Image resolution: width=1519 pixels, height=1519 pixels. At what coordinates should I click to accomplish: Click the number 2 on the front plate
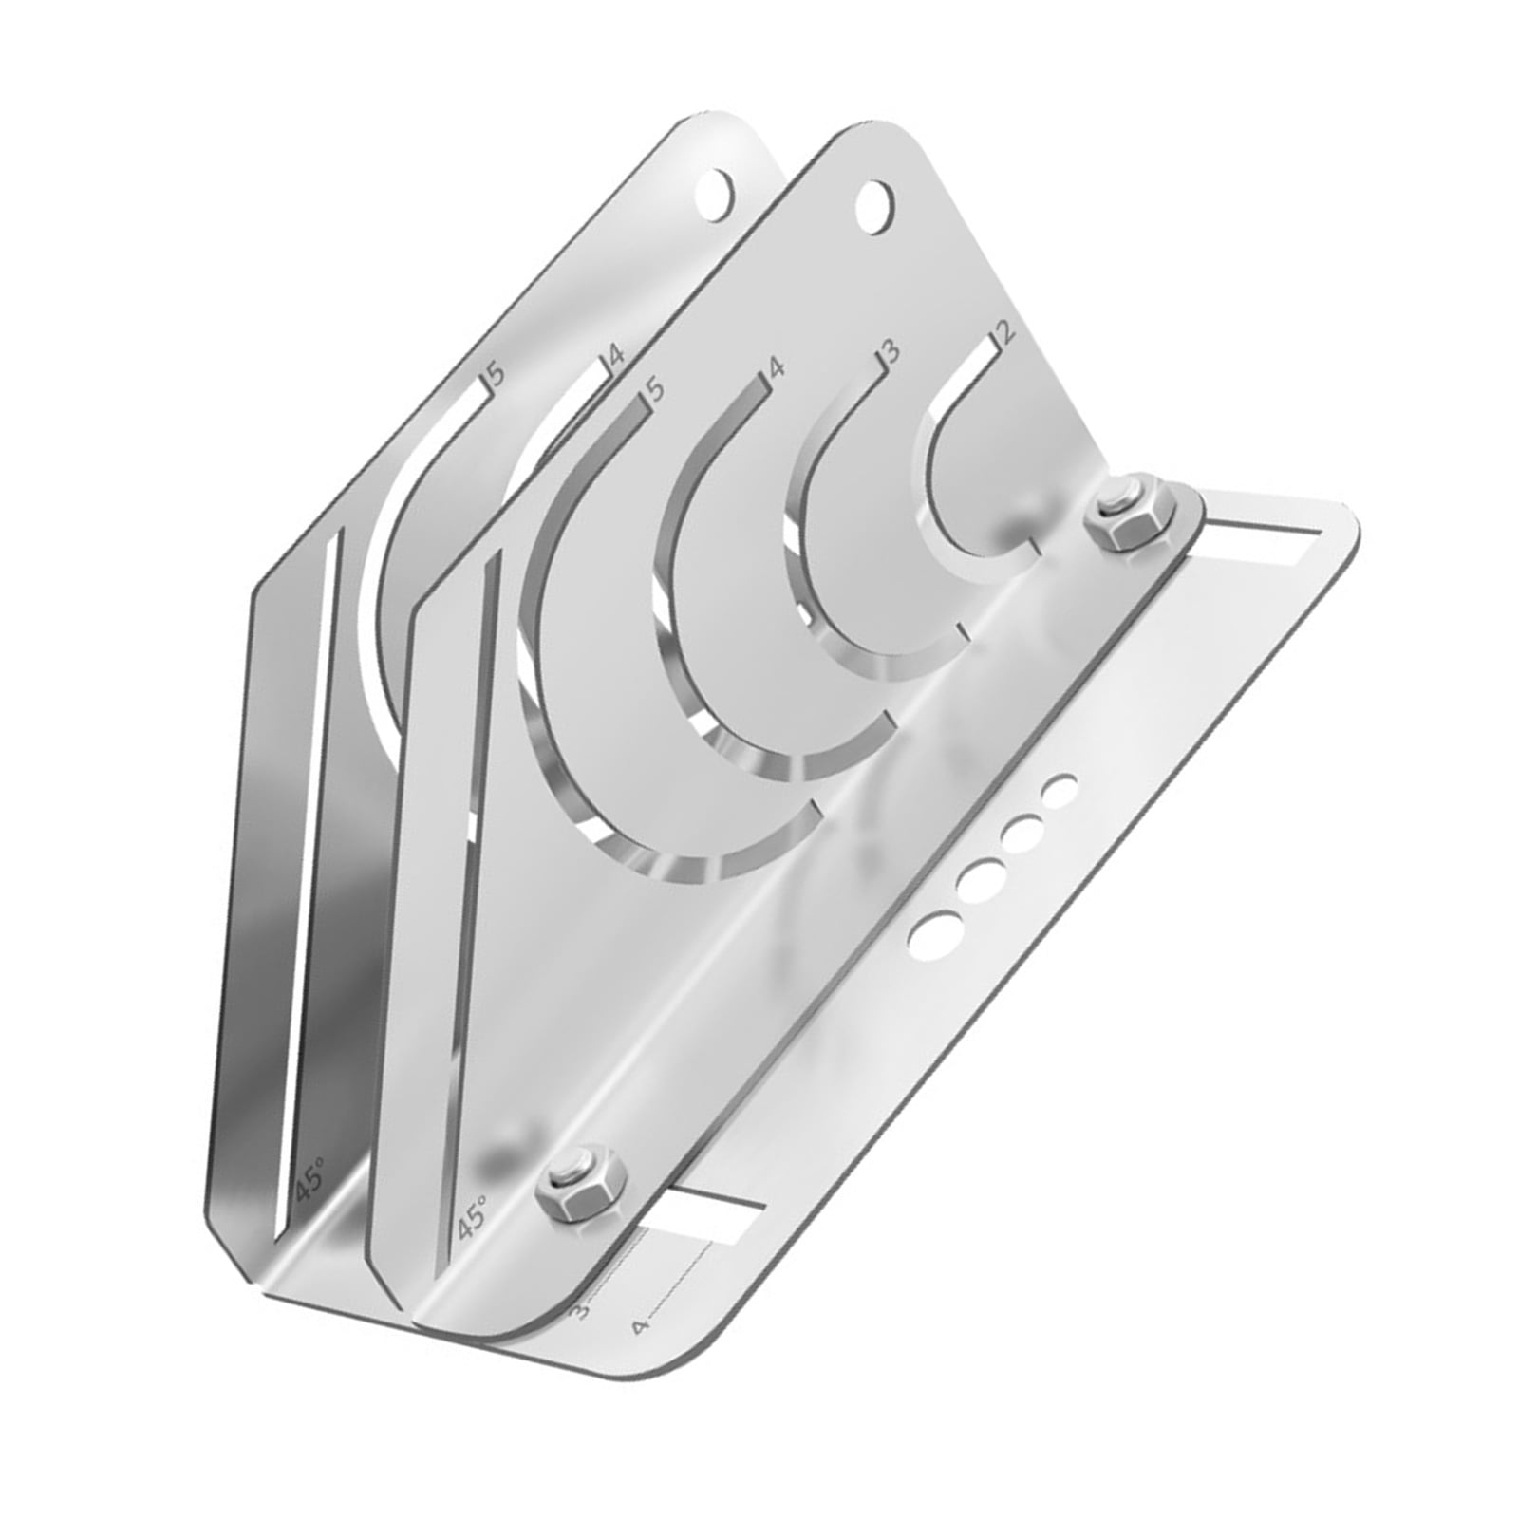tap(1003, 333)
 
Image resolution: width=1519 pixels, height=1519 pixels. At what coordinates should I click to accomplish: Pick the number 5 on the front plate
tap(654, 389)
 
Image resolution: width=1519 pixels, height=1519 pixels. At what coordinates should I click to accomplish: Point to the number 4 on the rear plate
tap(615, 357)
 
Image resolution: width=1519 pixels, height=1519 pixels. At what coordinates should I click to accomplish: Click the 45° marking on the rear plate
tap(309, 1180)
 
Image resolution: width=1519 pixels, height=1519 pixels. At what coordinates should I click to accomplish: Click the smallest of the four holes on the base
tap(1060, 788)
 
